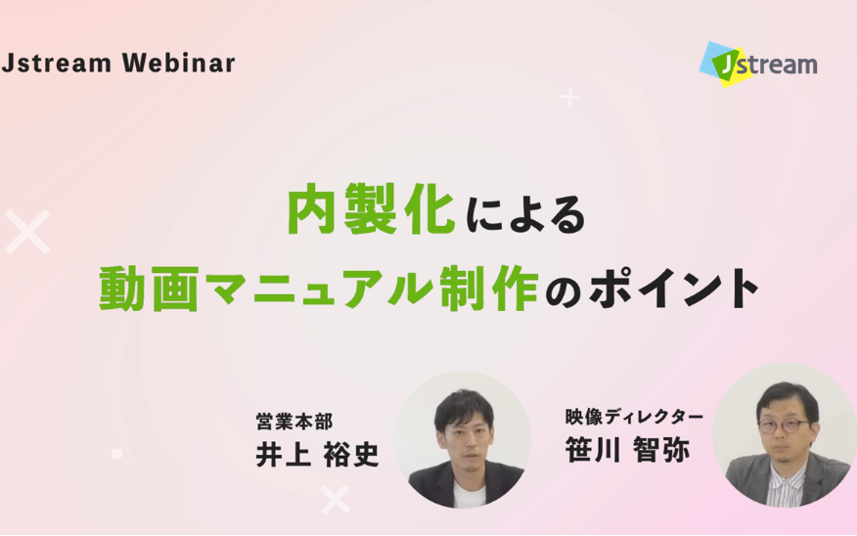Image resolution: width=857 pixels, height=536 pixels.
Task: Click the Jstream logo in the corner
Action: [758, 64]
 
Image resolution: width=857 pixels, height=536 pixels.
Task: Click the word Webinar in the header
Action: [179, 63]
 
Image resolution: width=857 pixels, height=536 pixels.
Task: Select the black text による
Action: [525, 215]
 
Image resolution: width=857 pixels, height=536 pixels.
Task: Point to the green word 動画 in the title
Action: [149, 289]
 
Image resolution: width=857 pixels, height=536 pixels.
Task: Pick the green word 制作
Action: [489, 289]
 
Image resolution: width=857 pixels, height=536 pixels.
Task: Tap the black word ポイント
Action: [673, 289]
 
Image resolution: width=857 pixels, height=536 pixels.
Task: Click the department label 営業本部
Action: [294, 422]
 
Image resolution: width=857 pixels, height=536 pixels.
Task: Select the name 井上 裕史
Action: [318, 455]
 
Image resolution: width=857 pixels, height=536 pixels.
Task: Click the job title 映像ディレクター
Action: [634, 418]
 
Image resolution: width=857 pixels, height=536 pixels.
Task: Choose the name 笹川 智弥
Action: [627, 450]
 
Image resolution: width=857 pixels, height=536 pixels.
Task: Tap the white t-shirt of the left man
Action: [464, 495]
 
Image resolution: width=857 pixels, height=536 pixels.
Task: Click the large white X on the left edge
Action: [27, 232]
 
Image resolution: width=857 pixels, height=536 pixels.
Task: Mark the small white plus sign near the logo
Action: [570, 97]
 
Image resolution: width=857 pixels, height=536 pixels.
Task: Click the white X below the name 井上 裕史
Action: [335, 500]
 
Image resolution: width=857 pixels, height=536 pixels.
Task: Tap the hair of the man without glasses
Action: [464, 407]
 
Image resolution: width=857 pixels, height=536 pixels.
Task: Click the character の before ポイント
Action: [563, 292]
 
